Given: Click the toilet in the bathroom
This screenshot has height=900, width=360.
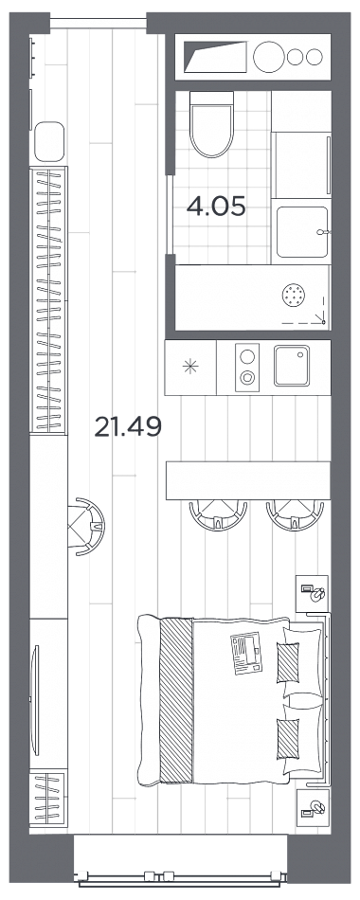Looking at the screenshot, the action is [x=211, y=124].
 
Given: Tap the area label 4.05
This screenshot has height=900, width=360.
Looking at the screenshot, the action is [x=216, y=207].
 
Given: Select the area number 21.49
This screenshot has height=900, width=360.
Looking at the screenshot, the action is [x=128, y=426].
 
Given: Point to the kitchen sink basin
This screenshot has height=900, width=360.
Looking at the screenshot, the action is [x=292, y=366].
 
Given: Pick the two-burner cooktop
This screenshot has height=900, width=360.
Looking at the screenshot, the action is [x=247, y=367].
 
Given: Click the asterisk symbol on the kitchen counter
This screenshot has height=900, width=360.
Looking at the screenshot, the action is [x=190, y=367].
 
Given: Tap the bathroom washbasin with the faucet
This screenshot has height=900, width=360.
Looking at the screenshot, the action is [x=302, y=232].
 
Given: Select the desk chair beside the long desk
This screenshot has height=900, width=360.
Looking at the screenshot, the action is [x=87, y=526].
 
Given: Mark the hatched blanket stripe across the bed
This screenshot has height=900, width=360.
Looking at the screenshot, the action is [x=175, y=700].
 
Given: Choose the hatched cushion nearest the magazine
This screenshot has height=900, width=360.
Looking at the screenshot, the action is [x=288, y=662].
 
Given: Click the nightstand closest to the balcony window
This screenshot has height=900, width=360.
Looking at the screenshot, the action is [x=314, y=808].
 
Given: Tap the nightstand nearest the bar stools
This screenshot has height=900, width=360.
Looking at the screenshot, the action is [x=314, y=593].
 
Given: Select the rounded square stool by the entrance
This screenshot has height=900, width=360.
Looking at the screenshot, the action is [x=49, y=141].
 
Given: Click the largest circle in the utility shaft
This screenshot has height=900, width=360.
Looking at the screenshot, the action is [x=269, y=57].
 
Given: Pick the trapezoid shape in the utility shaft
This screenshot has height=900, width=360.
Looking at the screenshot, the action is [x=215, y=57].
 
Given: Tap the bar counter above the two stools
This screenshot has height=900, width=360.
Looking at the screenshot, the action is [x=248, y=480].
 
